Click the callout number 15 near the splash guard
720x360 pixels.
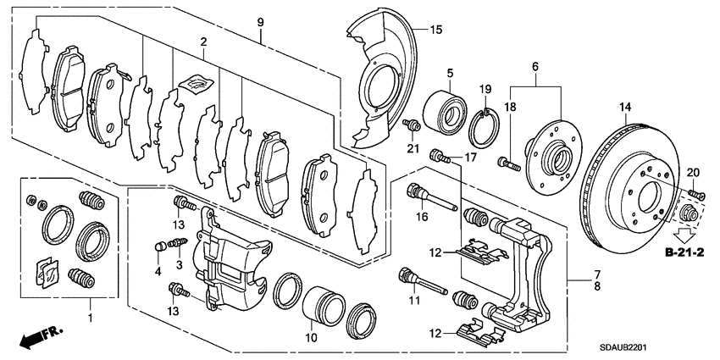(436, 30)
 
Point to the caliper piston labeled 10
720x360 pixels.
(324, 302)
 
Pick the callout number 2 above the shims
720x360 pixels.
(203, 42)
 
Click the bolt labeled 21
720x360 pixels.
(413, 126)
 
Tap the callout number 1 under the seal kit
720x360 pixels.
(91, 323)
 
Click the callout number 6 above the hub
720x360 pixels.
(534, 67)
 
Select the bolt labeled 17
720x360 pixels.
(438, 155)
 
